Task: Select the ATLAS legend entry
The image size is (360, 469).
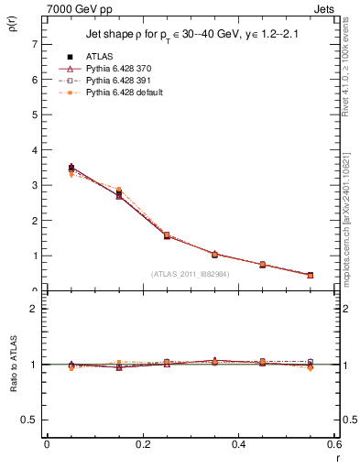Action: [100, 57]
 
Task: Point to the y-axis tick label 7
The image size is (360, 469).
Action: [35, 44]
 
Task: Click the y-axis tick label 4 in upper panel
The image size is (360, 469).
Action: [35, 150]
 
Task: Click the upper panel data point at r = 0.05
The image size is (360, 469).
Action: [71, 169]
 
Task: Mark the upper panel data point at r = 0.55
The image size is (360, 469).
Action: [311, 275]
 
